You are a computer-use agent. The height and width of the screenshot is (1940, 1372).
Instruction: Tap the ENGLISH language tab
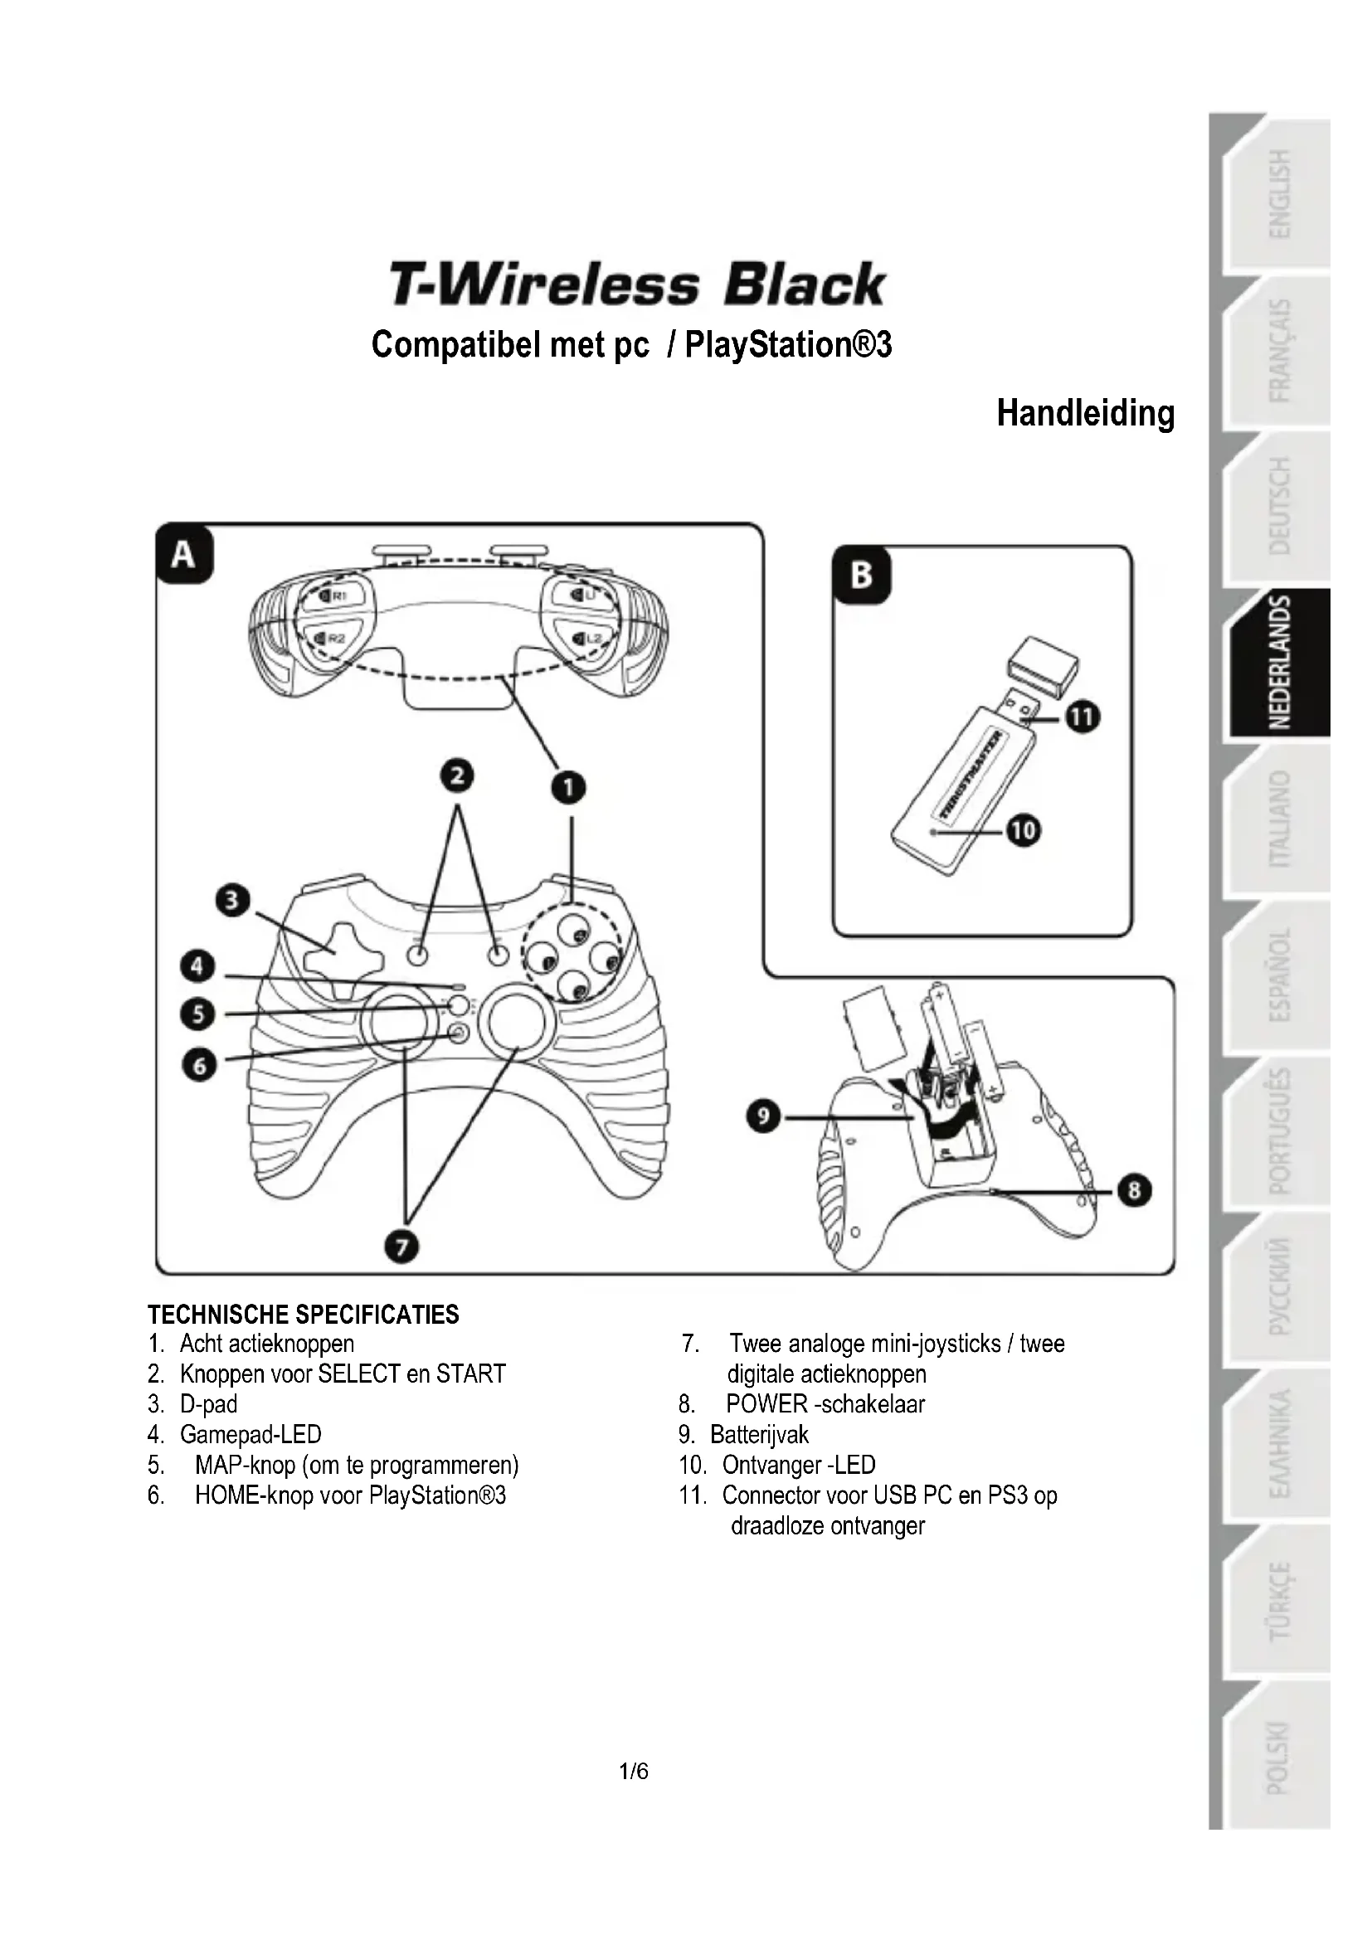click(1280, 194)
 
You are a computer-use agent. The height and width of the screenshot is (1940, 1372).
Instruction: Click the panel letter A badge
click(183, 555)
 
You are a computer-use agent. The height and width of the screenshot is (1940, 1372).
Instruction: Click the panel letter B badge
click(861, 576)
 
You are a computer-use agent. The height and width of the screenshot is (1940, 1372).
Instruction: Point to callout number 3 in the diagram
click(233, 900)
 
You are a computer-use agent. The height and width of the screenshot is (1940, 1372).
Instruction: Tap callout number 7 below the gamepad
click(402, 1247)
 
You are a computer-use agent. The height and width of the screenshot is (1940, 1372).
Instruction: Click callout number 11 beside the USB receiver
click(1083, 717)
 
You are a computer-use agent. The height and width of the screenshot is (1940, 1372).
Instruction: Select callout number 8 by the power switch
click(1134, 1191)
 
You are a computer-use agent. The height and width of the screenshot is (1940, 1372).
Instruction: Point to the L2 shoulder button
click(586, 638)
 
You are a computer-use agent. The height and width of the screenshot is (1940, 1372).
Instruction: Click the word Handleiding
click(1085, 413)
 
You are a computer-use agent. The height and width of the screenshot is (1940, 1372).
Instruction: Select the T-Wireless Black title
click(636, 284)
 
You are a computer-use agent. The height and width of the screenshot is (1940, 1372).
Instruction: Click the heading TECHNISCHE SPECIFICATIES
click(304, 1315)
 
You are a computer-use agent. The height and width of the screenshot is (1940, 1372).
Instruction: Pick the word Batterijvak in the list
click(759, 1434)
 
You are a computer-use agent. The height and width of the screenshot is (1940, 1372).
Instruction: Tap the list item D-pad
click(209, 1403)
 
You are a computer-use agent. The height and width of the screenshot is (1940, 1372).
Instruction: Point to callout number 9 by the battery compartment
click(763, 1117)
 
